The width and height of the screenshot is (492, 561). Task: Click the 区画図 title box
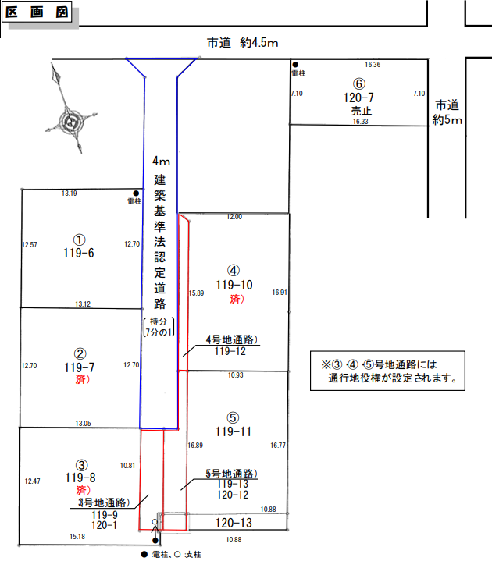39,13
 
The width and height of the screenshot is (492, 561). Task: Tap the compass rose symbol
72,121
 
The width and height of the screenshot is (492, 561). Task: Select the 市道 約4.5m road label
243,44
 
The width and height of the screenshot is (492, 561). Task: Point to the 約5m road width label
447,120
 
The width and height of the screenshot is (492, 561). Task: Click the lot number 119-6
79,253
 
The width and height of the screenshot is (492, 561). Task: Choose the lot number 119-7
79,366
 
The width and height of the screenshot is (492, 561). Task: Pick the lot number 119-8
80,478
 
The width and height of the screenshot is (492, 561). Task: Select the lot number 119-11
234,431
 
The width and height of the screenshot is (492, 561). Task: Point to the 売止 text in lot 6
359,111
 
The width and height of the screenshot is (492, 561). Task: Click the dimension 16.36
373,65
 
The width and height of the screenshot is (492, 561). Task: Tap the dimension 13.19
70,194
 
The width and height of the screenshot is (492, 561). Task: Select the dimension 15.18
77,536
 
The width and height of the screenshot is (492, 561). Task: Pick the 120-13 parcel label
233,523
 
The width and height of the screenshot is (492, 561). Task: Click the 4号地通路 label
232,339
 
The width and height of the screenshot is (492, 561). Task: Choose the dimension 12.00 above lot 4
234,217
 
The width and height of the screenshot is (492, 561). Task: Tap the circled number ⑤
234,417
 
